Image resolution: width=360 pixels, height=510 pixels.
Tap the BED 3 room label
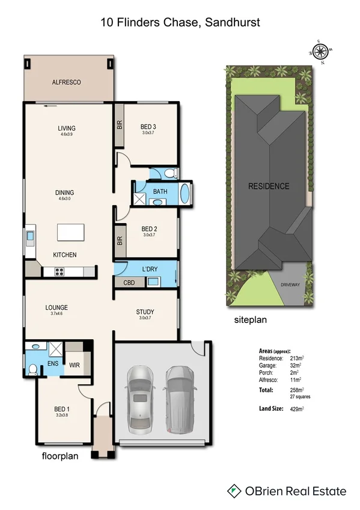tap(148, 127)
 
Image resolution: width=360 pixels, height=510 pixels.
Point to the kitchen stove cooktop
tap(60, 272)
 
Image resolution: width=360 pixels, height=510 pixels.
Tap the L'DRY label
tap(149, 269)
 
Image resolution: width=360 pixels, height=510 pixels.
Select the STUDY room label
tap(145, 312)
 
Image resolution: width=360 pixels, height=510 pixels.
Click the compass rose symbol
tap(320, 51)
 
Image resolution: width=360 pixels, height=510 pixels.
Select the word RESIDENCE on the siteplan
tap(269, 186)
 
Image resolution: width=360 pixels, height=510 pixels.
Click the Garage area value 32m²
tap(297, 365)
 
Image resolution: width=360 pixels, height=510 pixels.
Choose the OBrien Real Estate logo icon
tap(234, 491)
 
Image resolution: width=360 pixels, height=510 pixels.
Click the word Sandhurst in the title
tap(233, 22)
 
